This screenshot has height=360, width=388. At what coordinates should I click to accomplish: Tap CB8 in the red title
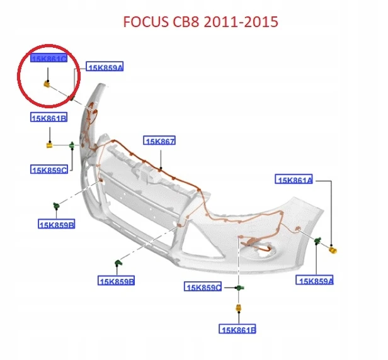pyautogui.click(x=186, y=21)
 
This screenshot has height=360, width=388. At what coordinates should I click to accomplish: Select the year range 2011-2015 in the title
pyautogui.click(x=241, y=21)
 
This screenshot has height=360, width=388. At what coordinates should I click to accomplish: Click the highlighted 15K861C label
pyautogui.click(x=48, y=58)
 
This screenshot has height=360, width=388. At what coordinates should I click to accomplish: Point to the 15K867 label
pyautogui.click(x=159, y=140)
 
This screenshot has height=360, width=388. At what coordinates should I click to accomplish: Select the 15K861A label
pyautogui.click(x=294, y=179)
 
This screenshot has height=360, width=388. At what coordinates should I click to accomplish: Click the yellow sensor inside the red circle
pyautogui.click(x=47, y=84)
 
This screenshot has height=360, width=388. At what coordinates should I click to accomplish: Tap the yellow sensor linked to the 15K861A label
pyautogui.click(x=333, y=249)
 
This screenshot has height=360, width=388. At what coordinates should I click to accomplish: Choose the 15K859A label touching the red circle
pyautogui.click(x=105, y=66)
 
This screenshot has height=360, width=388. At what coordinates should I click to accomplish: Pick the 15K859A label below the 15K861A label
pyautogui.click(x=314, y=280)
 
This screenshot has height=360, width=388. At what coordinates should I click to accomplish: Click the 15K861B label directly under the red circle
pyautogui.click(x=48, y=117)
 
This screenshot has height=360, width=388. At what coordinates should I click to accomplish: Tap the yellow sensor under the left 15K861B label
pyautogui.click(x=50, y=145)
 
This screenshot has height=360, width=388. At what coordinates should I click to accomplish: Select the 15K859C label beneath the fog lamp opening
pyautogui.click(x=203, y=286)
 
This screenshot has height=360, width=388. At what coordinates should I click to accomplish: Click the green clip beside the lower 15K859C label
pyautogui.click(x=239, y=288)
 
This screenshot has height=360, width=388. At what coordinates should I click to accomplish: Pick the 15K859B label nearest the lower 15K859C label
pyautogui.click(x=116, y=281)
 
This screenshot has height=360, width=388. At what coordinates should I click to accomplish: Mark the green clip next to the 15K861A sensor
pyautogui.click(x=317, y=240)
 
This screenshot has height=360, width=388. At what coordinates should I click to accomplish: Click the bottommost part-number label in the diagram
pyautogui.click(x=237, y=329)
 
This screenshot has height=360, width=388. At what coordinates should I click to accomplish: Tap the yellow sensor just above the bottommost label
pyautogui.click(x=239, y=308)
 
